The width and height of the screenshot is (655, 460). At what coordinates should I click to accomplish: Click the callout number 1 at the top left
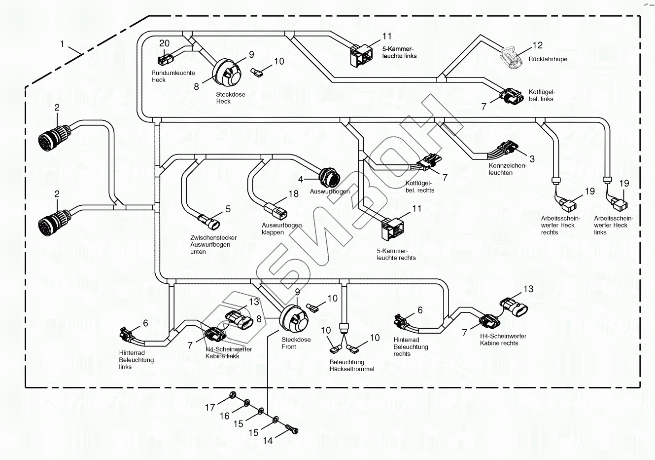click(x=62, y=44)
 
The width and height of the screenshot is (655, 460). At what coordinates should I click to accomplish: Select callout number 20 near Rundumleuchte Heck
click(x=164, y=43)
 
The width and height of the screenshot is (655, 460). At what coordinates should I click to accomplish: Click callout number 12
click(x=537, y=45)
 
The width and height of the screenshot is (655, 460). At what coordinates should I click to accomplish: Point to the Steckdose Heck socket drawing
click(x=225, y=72)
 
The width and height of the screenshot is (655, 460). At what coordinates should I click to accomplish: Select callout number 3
click(x=532, y=159)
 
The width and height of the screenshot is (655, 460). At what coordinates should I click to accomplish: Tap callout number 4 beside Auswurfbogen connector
click(x=301, y=178)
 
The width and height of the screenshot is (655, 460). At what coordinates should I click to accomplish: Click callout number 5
click(x=228, y=209)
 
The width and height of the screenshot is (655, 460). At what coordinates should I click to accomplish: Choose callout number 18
click(x=293, y=194)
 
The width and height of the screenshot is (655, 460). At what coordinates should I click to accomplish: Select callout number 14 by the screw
click(x=268, y=441)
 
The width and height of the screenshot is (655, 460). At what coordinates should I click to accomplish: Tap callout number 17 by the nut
click(x=210, y=407)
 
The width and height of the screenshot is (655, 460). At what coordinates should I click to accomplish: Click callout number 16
click(x=224, y=416)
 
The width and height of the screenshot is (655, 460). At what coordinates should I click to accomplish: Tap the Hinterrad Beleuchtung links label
click(x=136, y=360)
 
